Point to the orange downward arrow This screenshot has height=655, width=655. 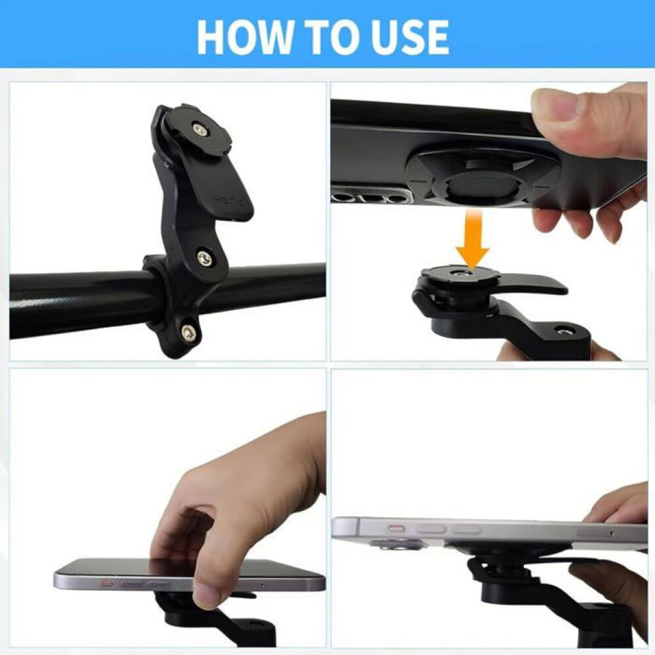coord(472,239)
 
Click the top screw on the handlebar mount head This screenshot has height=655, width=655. coord(199,129)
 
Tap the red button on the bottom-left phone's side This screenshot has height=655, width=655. coord(108,583)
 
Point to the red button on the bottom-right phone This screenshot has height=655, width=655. coord(397,529)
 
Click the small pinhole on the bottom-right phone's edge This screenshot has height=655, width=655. coord(611,533)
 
